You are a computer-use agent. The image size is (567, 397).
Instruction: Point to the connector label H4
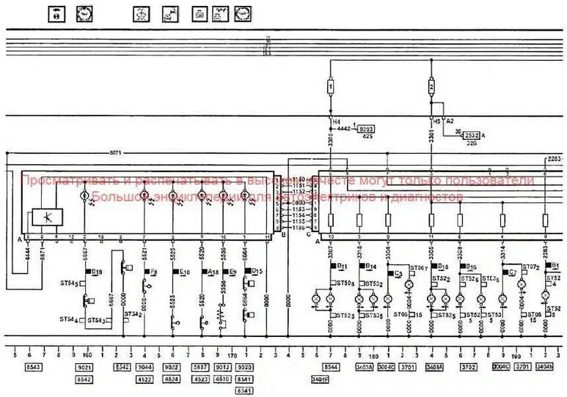pos(337,121)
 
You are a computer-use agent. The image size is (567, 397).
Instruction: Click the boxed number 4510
pos(222,379)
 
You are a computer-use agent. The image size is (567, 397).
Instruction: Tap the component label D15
pos(257,271)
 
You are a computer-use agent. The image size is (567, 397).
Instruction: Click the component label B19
pos(97,271)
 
